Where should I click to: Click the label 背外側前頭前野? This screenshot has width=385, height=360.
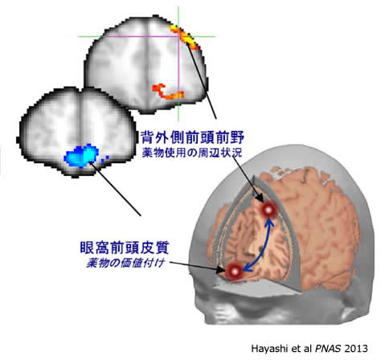192,137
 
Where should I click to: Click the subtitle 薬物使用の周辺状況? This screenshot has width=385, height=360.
192,153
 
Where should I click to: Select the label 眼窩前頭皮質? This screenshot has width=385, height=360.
125,247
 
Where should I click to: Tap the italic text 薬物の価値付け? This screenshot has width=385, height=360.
125,263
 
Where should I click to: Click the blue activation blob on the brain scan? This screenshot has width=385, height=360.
81,157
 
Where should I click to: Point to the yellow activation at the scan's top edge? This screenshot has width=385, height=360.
185,37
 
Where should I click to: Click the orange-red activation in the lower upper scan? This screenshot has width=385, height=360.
167,92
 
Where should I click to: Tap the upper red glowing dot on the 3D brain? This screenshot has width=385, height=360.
268,210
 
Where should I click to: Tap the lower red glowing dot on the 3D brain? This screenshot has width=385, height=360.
234,272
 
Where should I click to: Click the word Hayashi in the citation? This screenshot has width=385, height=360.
268,349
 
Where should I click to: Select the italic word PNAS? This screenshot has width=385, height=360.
328,349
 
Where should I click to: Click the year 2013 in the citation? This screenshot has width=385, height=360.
356,349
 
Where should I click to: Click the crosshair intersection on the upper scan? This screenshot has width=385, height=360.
178,36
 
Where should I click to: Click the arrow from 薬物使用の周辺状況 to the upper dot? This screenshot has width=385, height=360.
248,179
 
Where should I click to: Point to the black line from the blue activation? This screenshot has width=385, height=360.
115,189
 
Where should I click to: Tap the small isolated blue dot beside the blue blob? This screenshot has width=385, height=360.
108,157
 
